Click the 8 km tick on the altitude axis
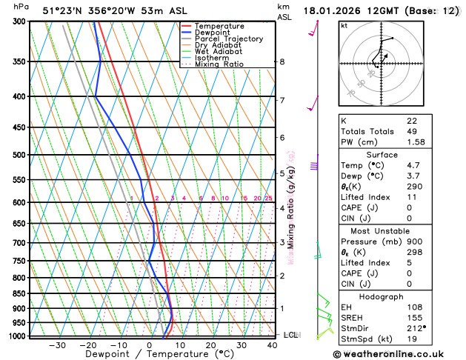coord(282,61)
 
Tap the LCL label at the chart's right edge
coord(290,335)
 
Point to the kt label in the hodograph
coord(344,25)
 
